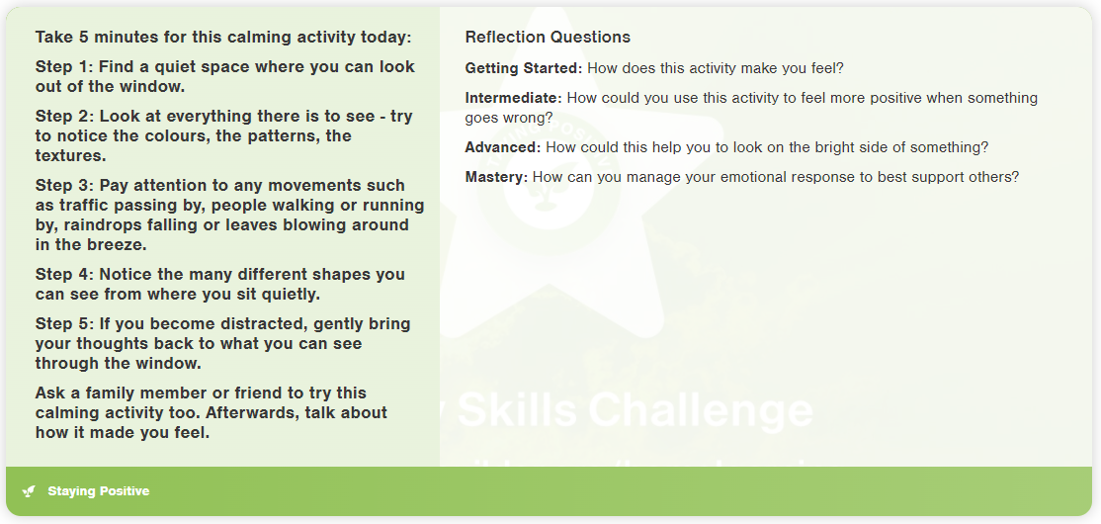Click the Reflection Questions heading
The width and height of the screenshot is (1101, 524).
click(x=548, y=38)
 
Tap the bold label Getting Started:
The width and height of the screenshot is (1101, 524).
click(x=524, y=69)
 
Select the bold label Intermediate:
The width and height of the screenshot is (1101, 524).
click(x=513, y=98)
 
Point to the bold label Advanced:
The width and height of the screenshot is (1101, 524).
click(x=503, y=147)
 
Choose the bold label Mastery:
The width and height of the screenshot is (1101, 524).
click(x=496, y=177)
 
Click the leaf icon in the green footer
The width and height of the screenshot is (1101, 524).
click(x=29, y=491)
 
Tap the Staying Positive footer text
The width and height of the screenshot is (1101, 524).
click(x=98, y=491)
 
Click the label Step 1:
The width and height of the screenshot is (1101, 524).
click(x=64, y=67)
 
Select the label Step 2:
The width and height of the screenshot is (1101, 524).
click(x=64, y=117)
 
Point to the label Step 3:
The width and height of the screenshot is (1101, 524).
click(x=64, y=186)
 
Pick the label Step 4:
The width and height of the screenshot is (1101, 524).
click(x=64, y=275)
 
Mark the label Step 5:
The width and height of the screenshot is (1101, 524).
click(x=64, y=324)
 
